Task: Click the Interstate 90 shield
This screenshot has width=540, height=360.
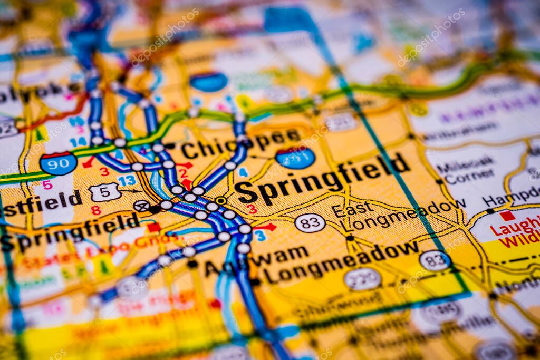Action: [58, 163]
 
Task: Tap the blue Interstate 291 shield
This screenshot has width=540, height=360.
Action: [295, 158]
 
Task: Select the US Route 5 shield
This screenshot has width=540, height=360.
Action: [104, 192]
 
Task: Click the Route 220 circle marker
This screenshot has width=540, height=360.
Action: [363, 279]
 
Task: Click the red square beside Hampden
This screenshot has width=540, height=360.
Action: [507, 216]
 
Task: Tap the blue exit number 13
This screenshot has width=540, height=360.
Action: [127, 181]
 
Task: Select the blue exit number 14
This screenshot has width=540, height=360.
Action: [78, 142]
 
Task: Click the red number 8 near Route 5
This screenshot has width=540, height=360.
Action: [95, 210]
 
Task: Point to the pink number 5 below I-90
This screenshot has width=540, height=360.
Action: [47, 185]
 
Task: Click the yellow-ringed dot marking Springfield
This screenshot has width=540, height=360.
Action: [220, 200]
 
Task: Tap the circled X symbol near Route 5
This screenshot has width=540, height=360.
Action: [141, 206]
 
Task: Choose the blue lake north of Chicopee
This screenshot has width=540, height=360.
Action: [209, 82]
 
